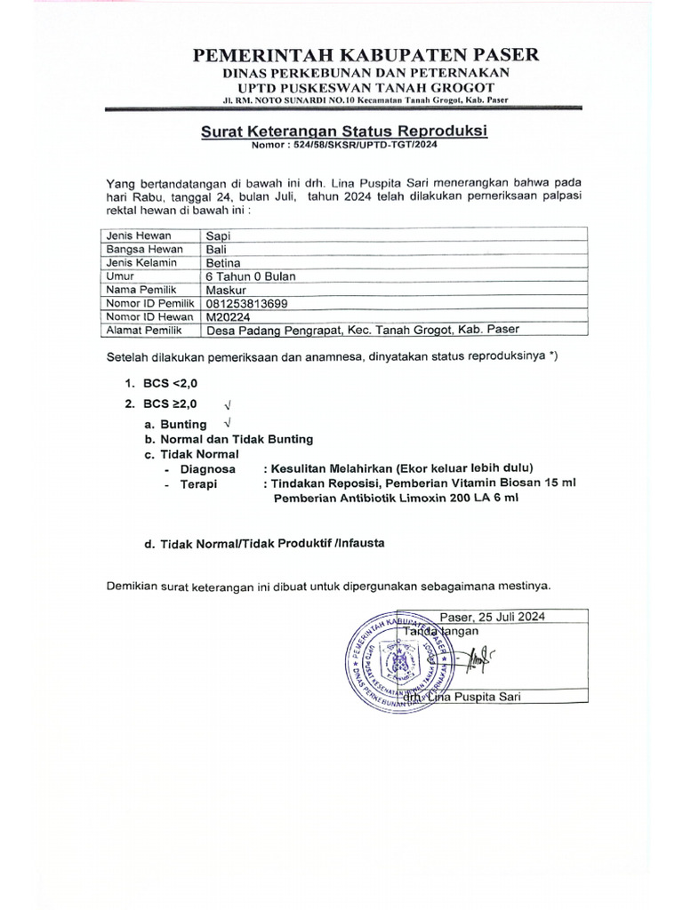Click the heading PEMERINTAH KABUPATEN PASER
(x=366, y=56)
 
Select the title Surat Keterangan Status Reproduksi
(x=345, y=132)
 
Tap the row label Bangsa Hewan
(x=139, y=250)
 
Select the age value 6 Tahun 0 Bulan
(x=251, y=276)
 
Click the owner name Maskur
(x=226, y=290)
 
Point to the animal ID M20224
(x=229, y=315)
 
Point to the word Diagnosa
(x=208, y=468)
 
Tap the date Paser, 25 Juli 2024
(x=492, y=617)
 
